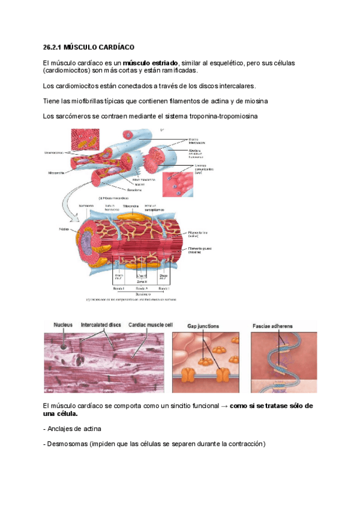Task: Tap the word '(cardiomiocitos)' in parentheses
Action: tap(68, 71)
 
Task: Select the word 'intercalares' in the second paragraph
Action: tap(236, 86)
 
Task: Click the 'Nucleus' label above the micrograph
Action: tap(62, 325)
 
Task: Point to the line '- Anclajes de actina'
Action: tap(72, 429)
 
